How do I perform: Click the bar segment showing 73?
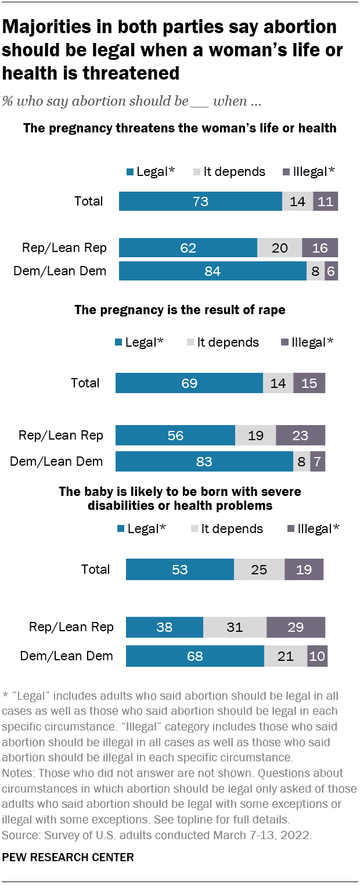coord(200,202)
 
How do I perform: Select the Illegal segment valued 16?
coord(320,248)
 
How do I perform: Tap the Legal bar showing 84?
coord(213,271)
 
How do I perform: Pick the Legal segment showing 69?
coord(189,383)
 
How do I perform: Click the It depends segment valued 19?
coord(255,436)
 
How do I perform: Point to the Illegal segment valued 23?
coord(300,436)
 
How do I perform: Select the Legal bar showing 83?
coord(204,462)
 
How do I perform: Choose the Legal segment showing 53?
coord(180,570)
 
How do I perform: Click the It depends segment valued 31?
coord(235,628)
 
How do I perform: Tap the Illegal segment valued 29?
coord(296,628)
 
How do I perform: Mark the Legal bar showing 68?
coord(195,656)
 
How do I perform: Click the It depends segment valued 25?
coord(259,570)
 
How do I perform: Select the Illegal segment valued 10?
coord(317,656)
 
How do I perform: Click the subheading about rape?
coord(180,310)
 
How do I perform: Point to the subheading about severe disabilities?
coord(180,499)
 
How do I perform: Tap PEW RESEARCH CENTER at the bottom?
coord(69,857)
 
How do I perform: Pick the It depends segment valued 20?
coord(279,248)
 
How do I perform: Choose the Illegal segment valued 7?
coord(318,462)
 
